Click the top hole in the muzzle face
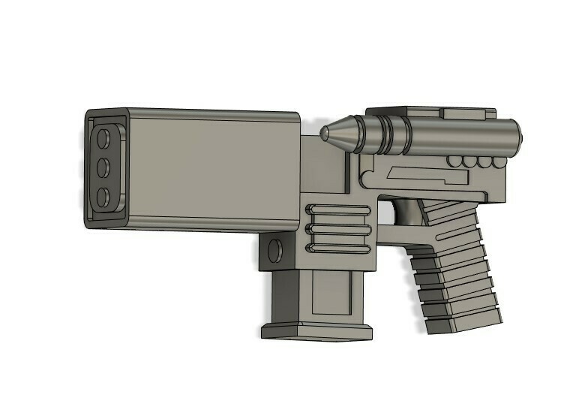[103, 138]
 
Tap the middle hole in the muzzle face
[103, 166]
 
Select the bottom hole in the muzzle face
[103, 197]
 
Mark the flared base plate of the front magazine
[316, 331]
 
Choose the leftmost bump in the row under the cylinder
[453, 162]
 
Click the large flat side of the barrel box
[214, 171]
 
